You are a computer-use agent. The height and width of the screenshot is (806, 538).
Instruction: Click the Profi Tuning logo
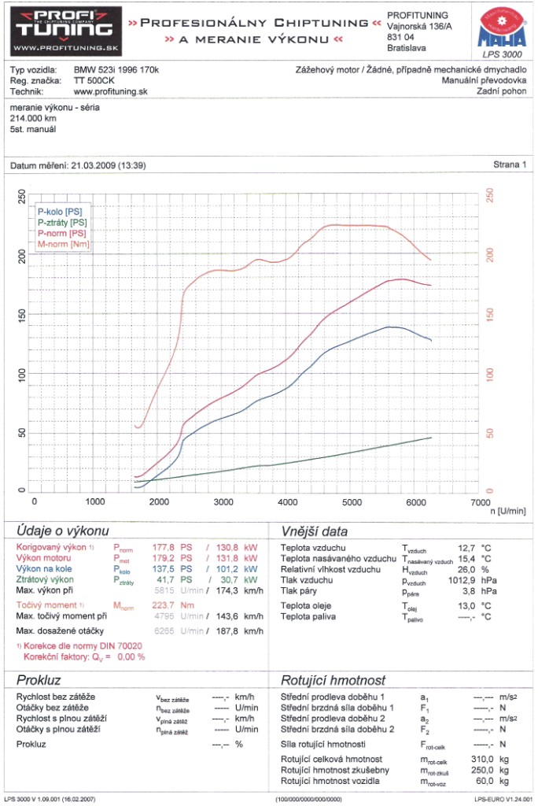pyautogui.click(x=62, y=31)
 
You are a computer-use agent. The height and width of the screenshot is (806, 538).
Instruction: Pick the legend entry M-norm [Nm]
pyautogui.click(x=63, y=244)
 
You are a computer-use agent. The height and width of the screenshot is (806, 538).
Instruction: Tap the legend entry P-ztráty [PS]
pyautogui.click(x=63, y=223)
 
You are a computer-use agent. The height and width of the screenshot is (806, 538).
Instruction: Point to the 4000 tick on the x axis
pyautogui.click(x=287, y=501)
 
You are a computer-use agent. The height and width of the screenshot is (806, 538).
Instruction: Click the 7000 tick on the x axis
pyautogui.click(x=477, y=501)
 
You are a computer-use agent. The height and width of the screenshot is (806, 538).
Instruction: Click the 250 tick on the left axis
pyautogui.click(x=21, y=197)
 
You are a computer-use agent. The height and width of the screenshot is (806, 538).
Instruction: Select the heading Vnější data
pyautogui.click(x=313, y=531)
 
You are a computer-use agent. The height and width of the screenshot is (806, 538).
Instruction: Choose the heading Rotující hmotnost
pyautogui.click(x=333, y=680)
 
